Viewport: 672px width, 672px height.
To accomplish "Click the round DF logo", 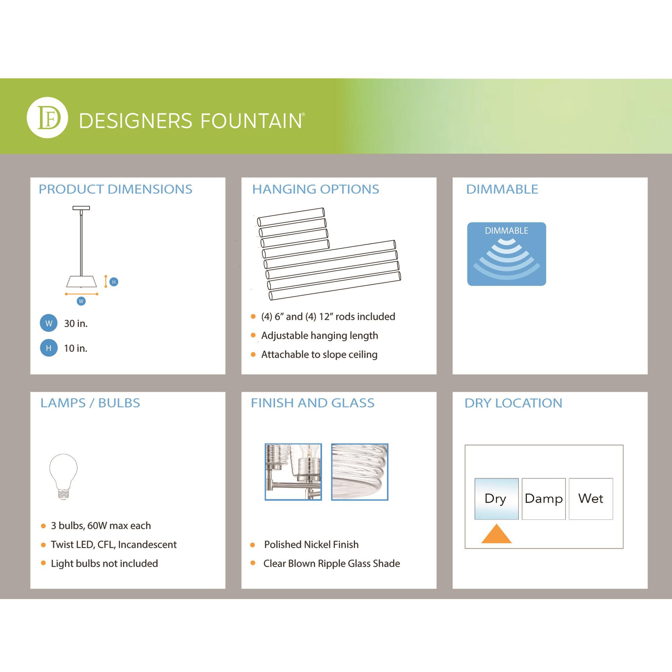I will tap(47, 118).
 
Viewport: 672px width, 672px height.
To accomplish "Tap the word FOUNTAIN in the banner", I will tap(251, 121).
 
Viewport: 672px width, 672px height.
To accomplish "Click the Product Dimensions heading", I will tap(115, 189).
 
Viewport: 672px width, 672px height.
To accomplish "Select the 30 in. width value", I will tap(76, 324).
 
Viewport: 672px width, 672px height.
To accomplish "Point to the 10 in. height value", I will tap(76, 348).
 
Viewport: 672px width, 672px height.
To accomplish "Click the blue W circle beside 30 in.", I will tap(49, 323).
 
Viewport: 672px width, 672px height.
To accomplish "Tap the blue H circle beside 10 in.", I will tap(49, 348).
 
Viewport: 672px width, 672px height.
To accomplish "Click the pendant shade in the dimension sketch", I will tap(81, 281).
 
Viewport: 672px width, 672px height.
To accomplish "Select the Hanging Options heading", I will tap(316, 189).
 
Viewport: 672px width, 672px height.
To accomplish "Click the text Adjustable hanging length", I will tap(319, 336).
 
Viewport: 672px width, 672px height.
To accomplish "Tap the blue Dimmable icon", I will tap(506, 254).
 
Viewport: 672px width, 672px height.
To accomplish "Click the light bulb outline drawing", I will tap(63, 476).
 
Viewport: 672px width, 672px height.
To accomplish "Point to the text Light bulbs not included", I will tap(104, 563).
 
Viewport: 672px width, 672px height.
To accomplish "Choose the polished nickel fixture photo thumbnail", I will tap(293, 472).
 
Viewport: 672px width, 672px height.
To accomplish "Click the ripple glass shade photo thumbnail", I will tap(360, 472).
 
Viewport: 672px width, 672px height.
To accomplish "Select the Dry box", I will tap(496, 499).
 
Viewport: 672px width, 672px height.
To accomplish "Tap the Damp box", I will tap(544, 499).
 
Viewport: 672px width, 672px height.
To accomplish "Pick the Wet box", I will tap(591, 499).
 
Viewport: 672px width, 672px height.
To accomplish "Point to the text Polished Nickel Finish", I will tap(311, 545).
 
